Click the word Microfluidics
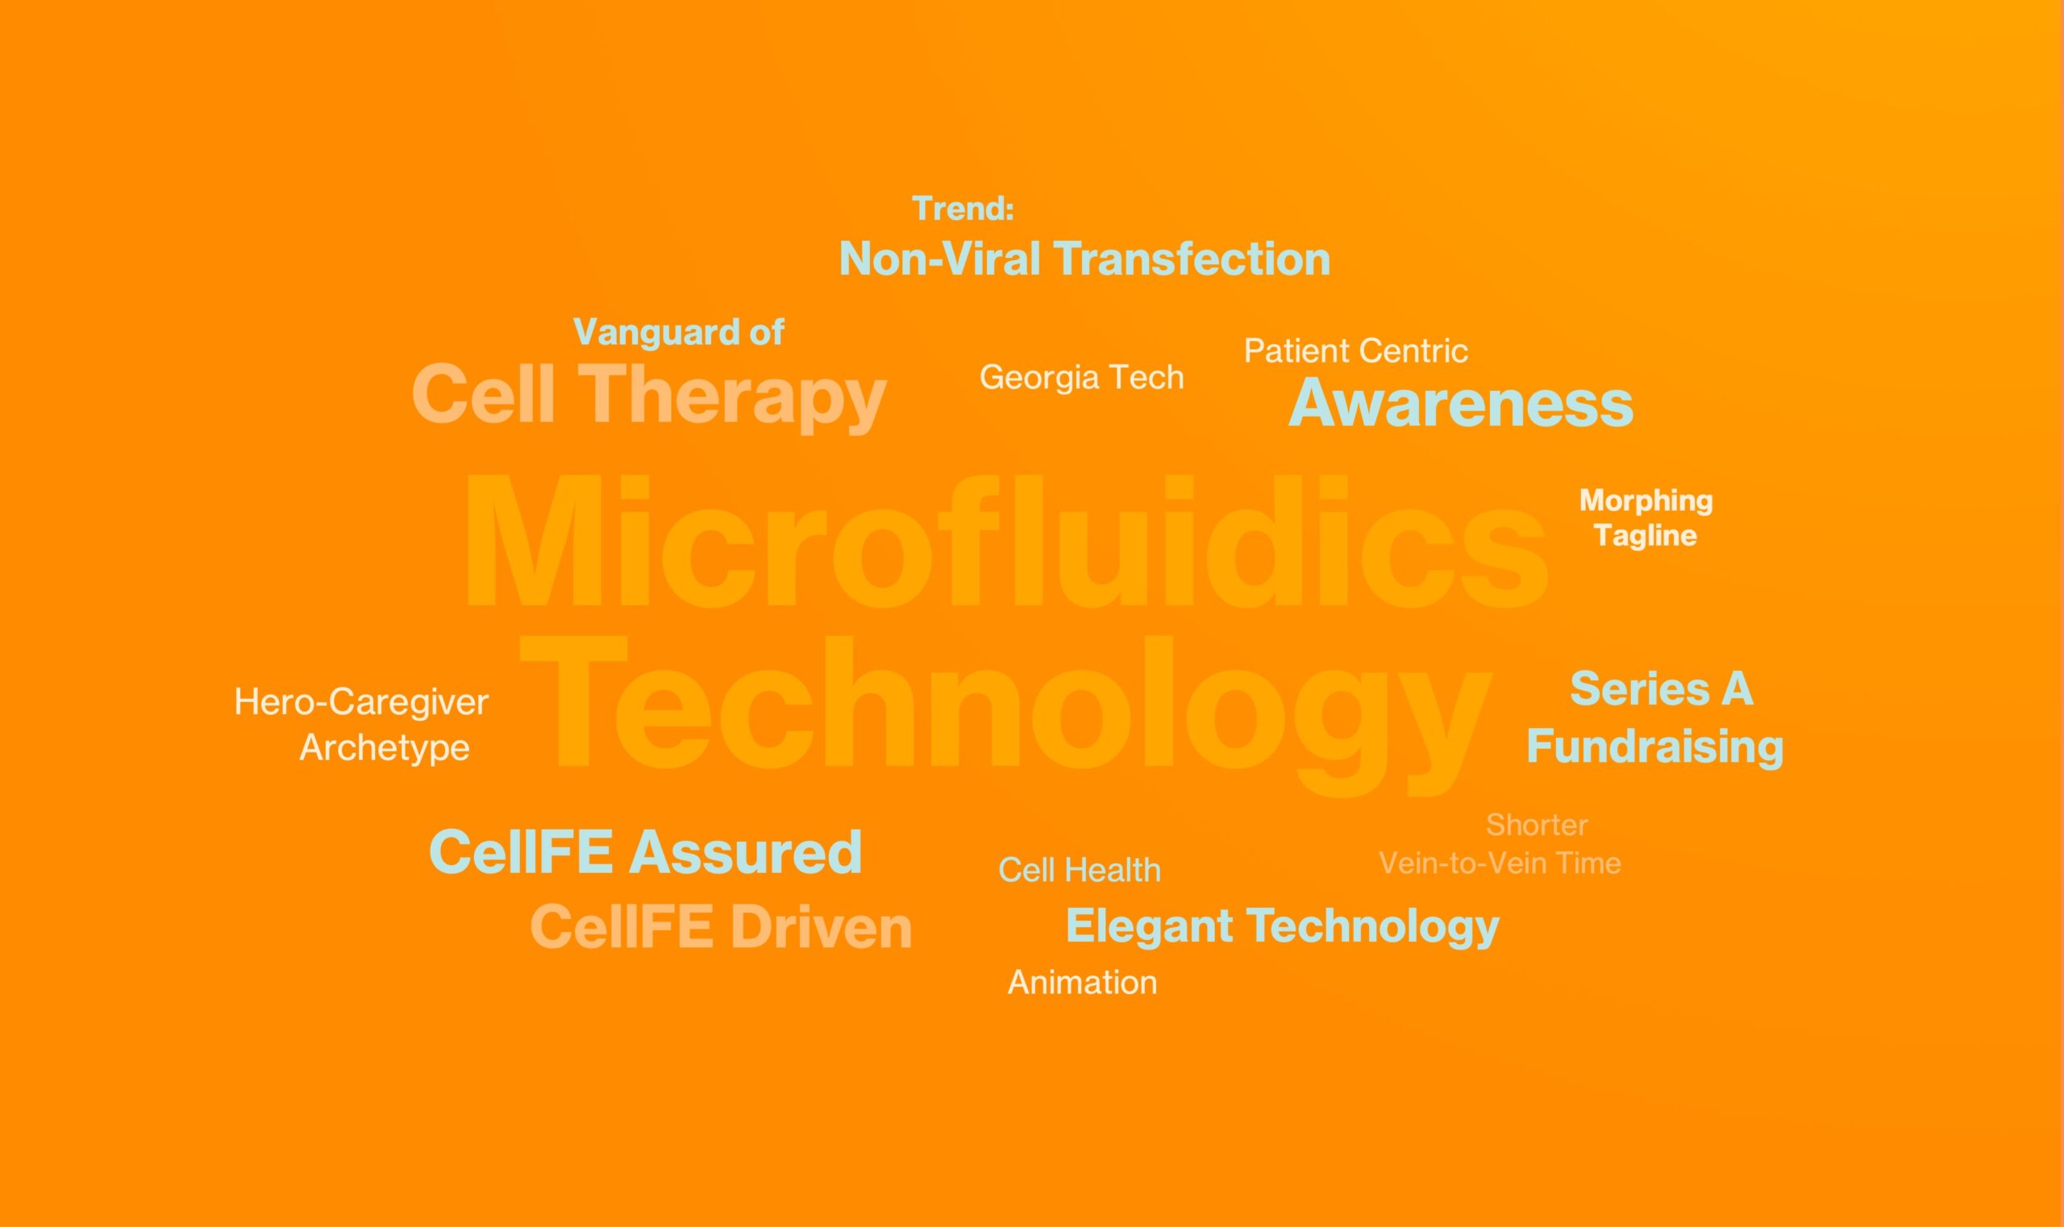pyautogui.click(x=1005, y=541)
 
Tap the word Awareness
pyautogui.click(x=1460, y=402)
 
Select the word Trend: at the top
pyautogui.click(x=963, y=208)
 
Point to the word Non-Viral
pyautogui.click(x=939, y=259)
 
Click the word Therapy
pyautogui.click(x=732, y=397)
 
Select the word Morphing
pyautogui.click(x=1646, y=501)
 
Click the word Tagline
pyautogui.click(x=1646, y=535)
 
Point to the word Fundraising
pyautogui.click(x=1654, y=747)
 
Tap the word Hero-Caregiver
pyautogui.click(x=361, y=702)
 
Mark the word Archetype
pyautogui.click(x=385, y=748)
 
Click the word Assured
pyautogui.click(x=745, y=852)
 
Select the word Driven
pyautogui.click(x=820, y=927)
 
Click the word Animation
pyautogui.click(x=1083, y=982)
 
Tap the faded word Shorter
pyautogui.click(x=1538, y=825)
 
